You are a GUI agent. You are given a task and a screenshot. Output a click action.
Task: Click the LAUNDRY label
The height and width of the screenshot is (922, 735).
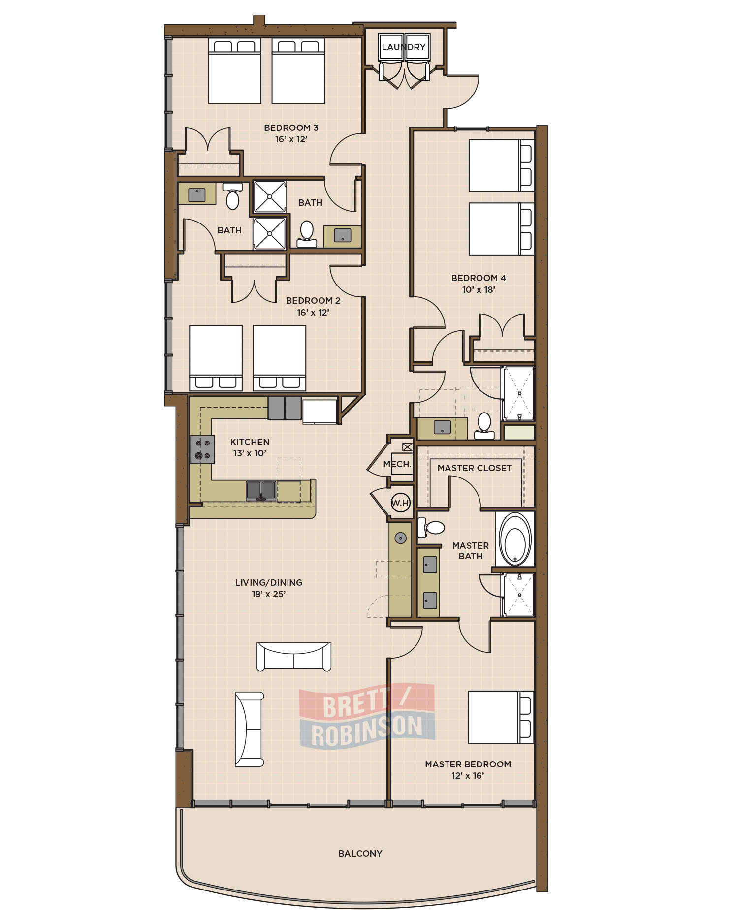click(x=404, y=47)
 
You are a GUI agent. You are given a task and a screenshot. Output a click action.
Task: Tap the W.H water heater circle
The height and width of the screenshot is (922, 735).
click(x=400, y=503)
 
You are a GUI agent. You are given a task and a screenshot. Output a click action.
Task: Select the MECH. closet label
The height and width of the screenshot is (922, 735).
click(x=397, y=464)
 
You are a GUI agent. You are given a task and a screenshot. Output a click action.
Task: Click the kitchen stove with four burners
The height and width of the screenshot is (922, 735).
click(x=202, y=449)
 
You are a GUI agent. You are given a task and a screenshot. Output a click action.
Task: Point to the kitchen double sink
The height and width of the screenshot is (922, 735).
click(x=261, y=491)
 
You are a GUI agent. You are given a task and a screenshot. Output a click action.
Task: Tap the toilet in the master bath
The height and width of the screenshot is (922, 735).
click(x=431, y=528)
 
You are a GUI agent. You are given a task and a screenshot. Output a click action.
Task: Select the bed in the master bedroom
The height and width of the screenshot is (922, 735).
click(x=501, y=717)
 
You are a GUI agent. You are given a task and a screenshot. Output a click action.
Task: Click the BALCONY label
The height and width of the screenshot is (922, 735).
click(x=360, y=853)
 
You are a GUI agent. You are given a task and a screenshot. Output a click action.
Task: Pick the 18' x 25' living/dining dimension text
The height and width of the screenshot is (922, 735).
click(x=269, y=594)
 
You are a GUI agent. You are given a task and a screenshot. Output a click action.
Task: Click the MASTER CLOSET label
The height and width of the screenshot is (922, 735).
click(x=475, y=468)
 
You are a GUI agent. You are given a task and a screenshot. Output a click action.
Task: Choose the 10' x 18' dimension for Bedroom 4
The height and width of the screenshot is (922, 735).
click(x=479, y=290)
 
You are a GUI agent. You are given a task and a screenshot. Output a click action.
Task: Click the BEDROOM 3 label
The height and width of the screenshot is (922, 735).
click(x=291, y=128)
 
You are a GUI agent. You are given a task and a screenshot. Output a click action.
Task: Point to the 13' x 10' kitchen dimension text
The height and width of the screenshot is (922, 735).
click(x=250, y=453)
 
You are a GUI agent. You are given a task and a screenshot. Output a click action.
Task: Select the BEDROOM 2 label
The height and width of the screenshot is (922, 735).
click(x=313, y=301)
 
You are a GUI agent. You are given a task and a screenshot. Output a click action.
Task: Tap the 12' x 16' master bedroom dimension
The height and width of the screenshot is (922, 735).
click(x=468, y=776)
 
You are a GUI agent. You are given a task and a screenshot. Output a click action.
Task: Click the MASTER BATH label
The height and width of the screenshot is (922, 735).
click(x=471, y=551)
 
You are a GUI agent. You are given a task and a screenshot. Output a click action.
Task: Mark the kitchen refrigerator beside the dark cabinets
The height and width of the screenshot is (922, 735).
click(x=320, y=411)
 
